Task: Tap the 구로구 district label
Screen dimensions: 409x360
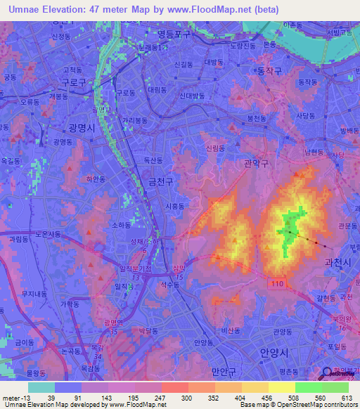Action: pyautogui.click(x=73, y=82)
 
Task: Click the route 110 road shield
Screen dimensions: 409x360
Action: pyautogui.click(x=276, y=282)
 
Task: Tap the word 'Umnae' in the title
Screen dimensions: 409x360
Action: pyautogui.click(x=26, y=10)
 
